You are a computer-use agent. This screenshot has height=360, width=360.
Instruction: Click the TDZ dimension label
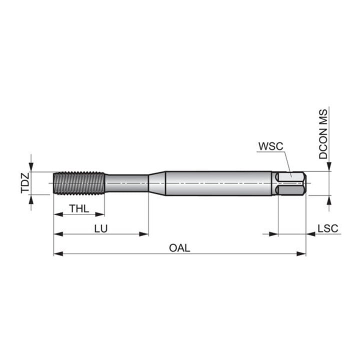pyautogui.click(x=25, y=183)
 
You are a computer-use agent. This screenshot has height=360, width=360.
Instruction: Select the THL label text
pyautogui.click(x=79, y=209)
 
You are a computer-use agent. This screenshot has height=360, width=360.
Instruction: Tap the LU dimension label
pyautogui.click(x=101, y=228)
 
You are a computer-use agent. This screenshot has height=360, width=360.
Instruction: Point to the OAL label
pyautogui.click(x=179, y=248)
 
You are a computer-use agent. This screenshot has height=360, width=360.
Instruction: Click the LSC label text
pyautogui.click(x=328, y=228)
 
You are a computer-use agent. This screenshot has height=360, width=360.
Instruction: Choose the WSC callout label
pyautogui.click(x=271, y=146)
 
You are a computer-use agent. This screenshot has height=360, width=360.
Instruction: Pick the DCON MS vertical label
pyautogui.click(x=323, y=134)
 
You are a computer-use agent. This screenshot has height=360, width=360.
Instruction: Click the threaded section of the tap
pyautogui.click(x=79, y=183)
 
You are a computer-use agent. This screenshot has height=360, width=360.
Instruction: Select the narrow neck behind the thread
pyautogui.click(x=126, y=183)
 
